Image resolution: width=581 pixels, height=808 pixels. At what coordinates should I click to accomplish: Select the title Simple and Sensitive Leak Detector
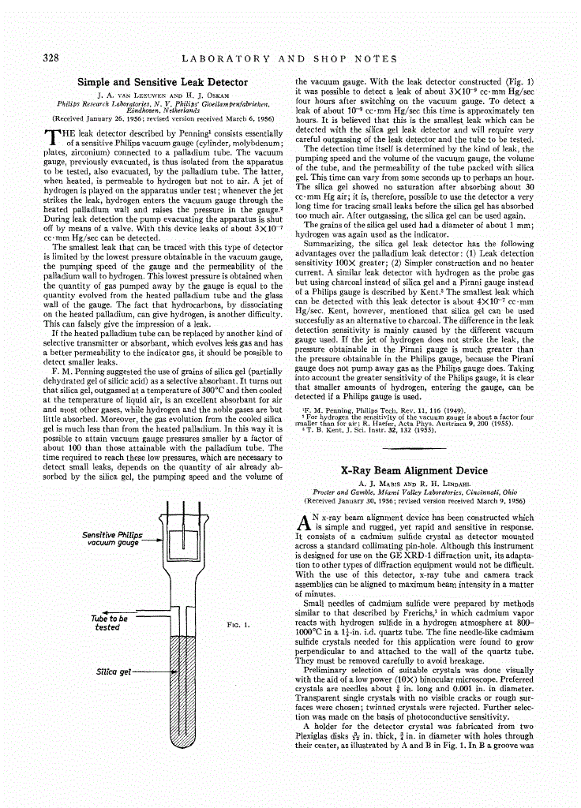[162, 81]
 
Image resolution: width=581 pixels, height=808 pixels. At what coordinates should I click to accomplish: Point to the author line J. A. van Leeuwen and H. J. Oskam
[163, 95]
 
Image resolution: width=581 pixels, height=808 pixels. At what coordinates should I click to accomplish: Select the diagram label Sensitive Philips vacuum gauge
[112, 539]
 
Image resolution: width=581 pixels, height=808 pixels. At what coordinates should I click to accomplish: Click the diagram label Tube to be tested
[109, 623]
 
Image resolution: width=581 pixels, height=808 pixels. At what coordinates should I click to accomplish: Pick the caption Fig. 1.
[238, 624]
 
